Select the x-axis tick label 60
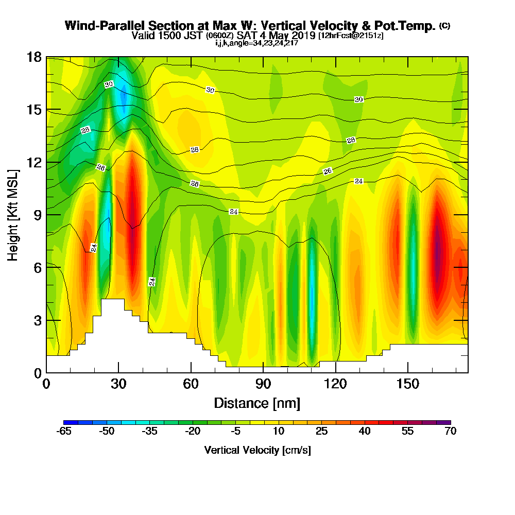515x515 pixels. [x=191, y=384]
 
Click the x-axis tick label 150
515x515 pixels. [x=407, y=384]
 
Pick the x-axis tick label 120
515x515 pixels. [x=335, y=384]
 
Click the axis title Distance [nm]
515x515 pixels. [x=257, y=403]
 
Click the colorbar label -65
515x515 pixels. [x=63, y=432]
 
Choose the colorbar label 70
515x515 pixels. [x=450, y=432]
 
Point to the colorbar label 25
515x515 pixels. [x=321, y=432]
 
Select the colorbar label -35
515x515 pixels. [x=149, y=432]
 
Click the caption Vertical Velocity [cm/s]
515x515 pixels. [x=257, y=450]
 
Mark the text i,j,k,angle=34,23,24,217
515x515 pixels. [x=257, y=43]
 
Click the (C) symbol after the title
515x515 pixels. [x=444, y=25]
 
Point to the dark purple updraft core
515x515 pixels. [x=437, y=252]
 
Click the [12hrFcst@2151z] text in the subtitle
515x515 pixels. [x=351, y=36]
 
